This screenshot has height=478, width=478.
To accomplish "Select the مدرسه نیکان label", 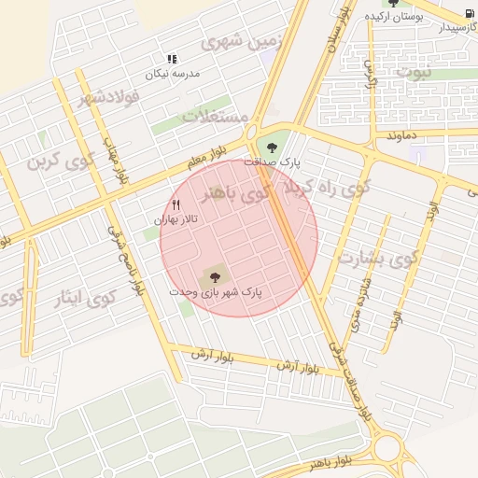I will (171, 72).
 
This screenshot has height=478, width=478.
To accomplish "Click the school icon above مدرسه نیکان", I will (171, 58).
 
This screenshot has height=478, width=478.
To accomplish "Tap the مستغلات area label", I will (214, 117).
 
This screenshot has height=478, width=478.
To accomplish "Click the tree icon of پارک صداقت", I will (272, 146).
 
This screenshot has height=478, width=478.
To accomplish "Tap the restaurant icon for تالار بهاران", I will (176, 204).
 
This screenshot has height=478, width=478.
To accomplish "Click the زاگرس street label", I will (371, 75).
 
